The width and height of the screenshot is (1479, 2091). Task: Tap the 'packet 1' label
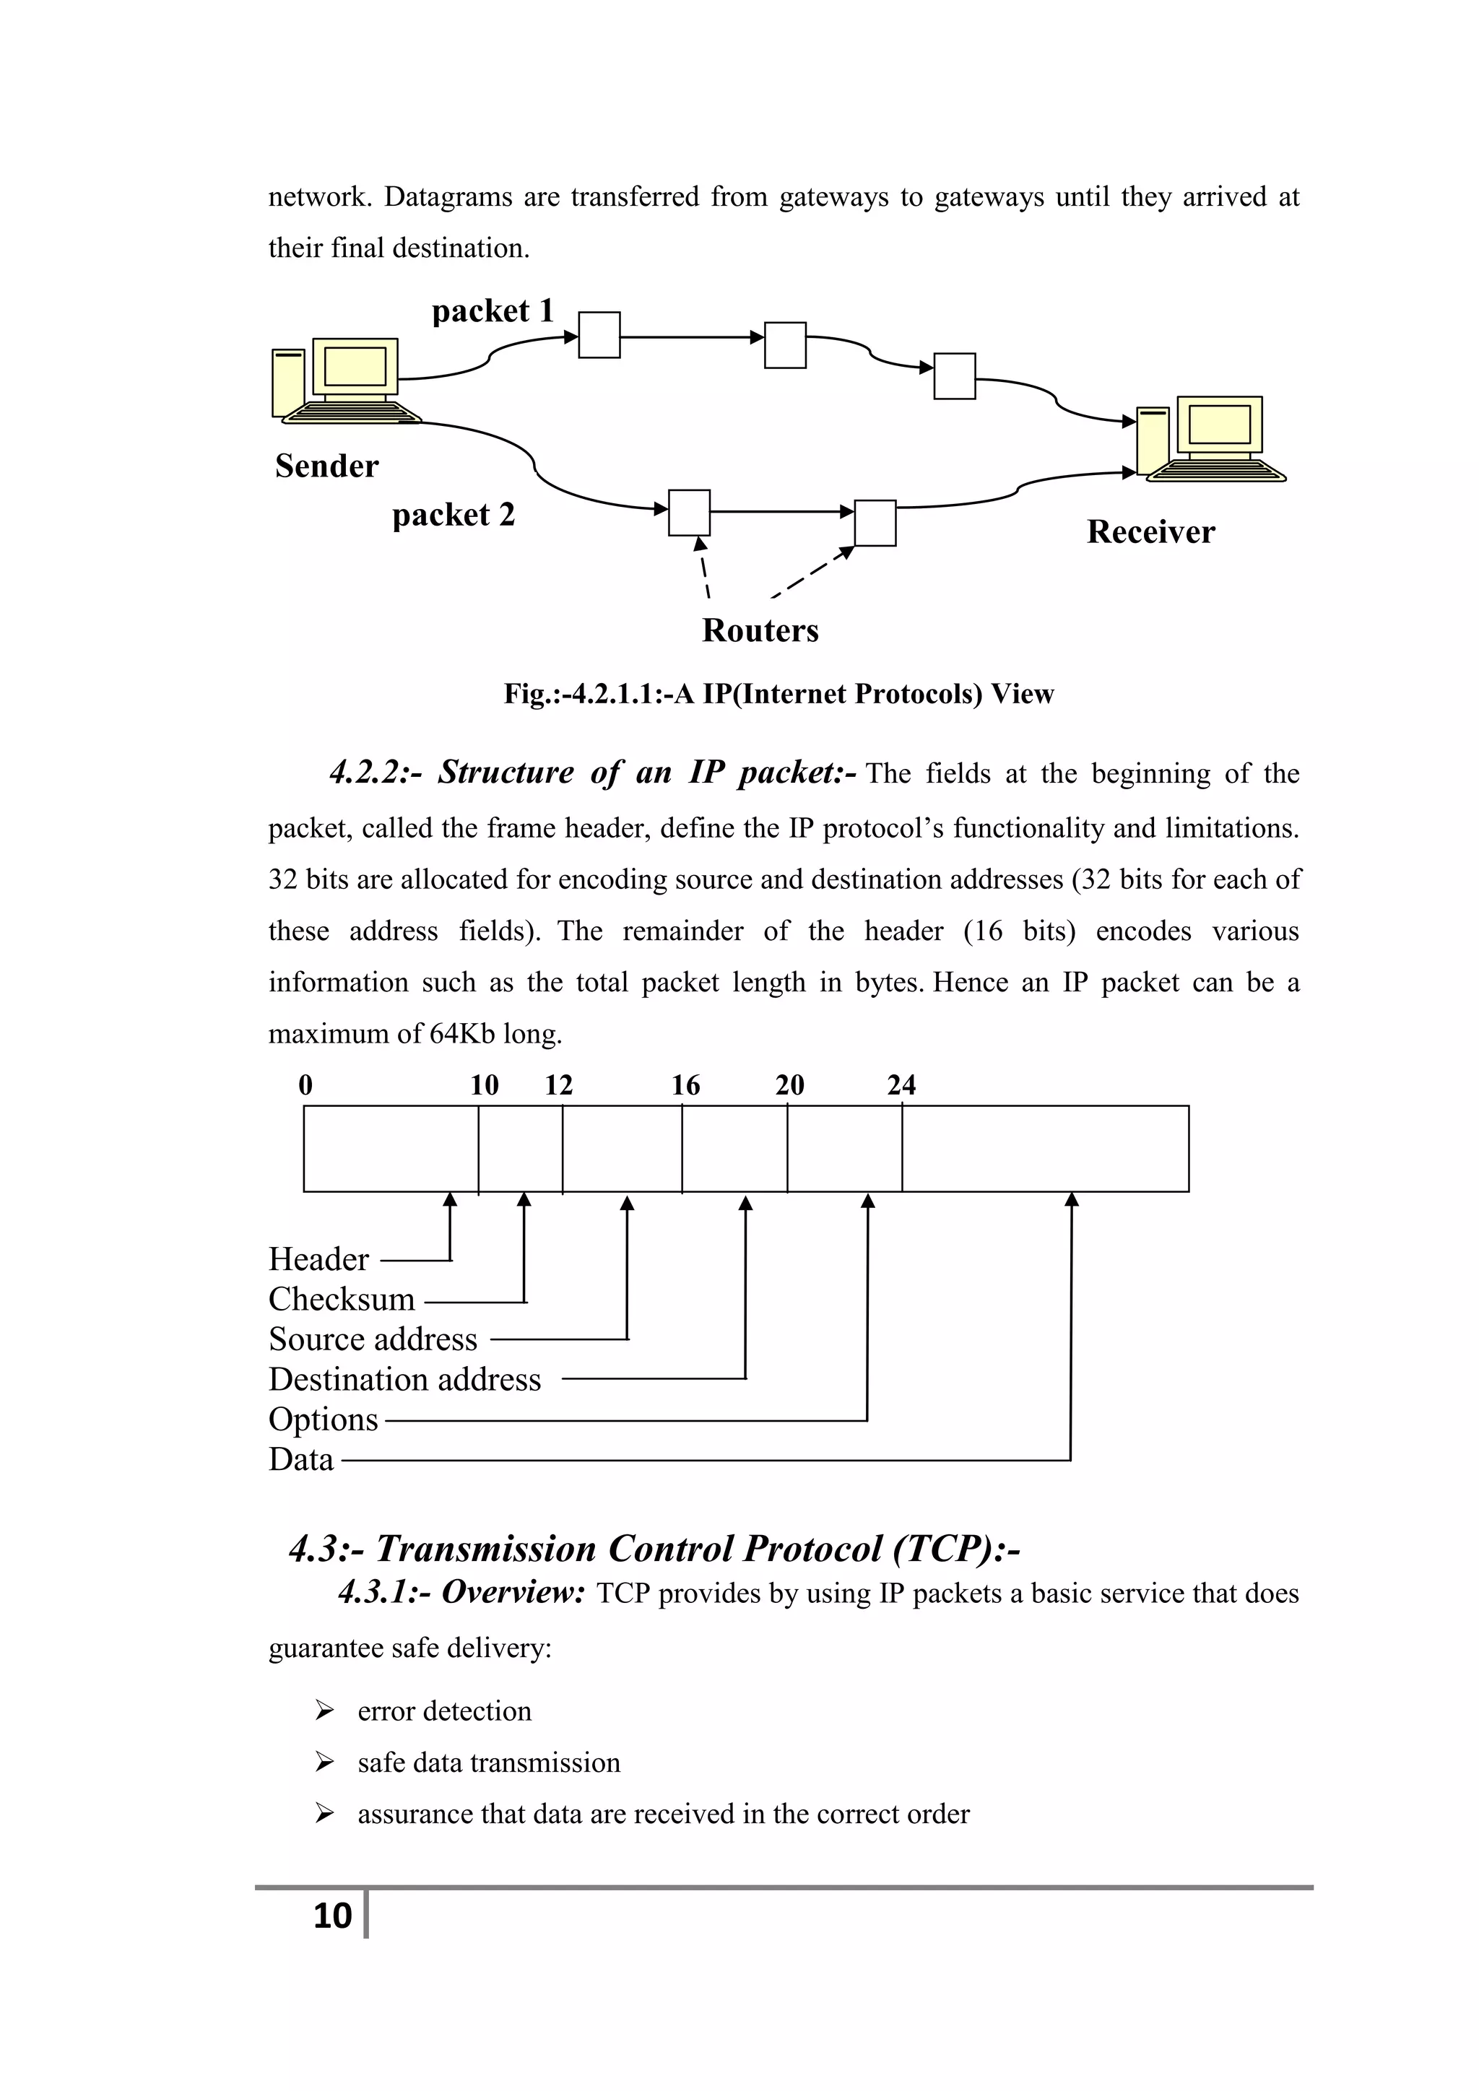click(x=493, y=311)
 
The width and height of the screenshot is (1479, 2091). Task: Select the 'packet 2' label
click(x=454, y=516)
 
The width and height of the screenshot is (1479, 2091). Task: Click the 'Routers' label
click(x=760, y=630)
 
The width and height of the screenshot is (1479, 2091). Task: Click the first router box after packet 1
click(x=599, y=335)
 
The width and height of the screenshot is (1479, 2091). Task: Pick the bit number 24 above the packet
click(x=901, y=1084)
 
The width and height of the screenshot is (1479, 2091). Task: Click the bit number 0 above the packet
click(x=305, y=1084)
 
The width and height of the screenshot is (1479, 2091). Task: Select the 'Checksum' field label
click(x=342, y=1299)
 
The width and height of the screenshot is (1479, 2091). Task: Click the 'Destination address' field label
click(x=404, y=1379)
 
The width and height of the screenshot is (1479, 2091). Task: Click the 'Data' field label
click(x=300, y=1459)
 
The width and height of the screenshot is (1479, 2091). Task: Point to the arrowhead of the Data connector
click(x=1072, y=1200)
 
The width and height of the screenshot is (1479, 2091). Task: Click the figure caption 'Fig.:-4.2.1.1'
click(x=778, y=694)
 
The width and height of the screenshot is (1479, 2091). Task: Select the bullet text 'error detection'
click(x=444, y=1710)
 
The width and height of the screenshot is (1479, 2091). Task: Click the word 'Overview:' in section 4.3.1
click(x=513, y=1592)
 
